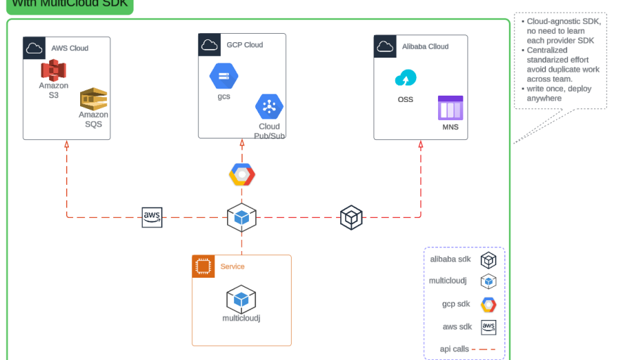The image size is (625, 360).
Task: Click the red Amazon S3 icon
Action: pos(53,70)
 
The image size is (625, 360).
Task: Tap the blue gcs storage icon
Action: pos(224,75)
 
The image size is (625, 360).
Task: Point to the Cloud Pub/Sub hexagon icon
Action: pos(269,107)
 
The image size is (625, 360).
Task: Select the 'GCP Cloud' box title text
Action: pos(245,45)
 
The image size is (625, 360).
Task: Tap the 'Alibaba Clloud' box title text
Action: pos(425,46)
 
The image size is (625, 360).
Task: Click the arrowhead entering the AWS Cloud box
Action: pos(67,144)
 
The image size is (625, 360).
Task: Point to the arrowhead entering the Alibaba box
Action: pos(420,144)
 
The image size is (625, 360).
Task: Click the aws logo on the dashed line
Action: pos(152,217)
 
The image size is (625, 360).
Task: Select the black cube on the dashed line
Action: pos(351,217)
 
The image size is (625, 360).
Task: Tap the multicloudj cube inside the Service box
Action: pos(241,299)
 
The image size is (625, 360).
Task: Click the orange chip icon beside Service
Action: pos(203,266)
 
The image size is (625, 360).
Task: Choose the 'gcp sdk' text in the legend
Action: pos(456,304)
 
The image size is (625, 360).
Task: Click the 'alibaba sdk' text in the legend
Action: pos(451,259)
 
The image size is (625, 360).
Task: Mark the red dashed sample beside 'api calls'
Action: pos(484,349)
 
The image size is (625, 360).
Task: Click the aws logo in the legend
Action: pos(489,327)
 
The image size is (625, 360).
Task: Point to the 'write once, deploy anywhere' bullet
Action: pos(559,94)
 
